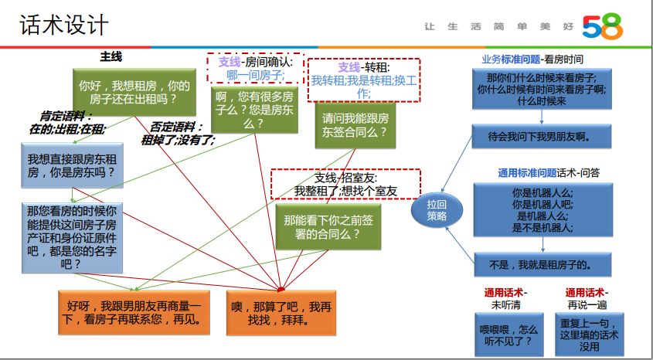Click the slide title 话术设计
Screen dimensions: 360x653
click(x=64, y=25)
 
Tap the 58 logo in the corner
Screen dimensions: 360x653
click(x=603, y=28)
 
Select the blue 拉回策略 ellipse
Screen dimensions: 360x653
click(x=437, y=210)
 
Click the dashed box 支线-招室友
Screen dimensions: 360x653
click(x=345, y=184)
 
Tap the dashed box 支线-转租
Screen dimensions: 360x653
click(x=363, y=80)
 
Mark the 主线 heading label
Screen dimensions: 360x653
click(x=111, y=57)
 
